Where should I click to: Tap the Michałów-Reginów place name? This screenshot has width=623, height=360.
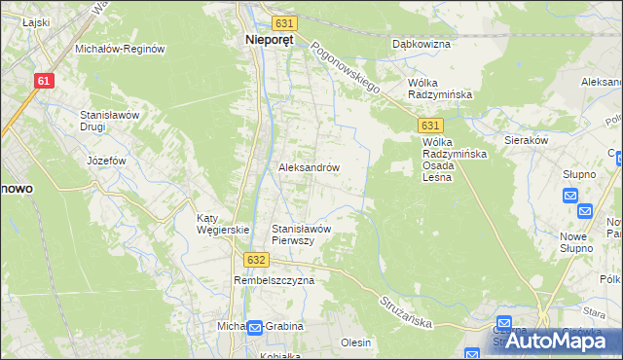pyautogui.click(x=121, y=48)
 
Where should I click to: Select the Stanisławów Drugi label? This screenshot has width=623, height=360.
pyautogui.click(x=111, y=121)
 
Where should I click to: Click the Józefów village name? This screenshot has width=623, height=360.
pyautogui.click(x=106, y=161)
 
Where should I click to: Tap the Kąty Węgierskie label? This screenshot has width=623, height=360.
pyautogui.click(x=223, y=224)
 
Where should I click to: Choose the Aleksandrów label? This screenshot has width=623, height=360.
pyautogui.click(x=309, y=167)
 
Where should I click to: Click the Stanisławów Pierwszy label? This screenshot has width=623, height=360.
pyautogui.click(x=302, y=234)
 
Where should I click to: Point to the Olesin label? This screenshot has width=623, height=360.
pyautogui.click(x=356, y=342)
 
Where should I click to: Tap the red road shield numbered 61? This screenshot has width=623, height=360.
pyautogui.click(x=43, y=82)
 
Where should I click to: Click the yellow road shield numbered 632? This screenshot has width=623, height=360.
pyautogui.click(x=255, y=260)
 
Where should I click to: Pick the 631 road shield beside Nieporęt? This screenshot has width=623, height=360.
pyautogui.click(x=283, y=22)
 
